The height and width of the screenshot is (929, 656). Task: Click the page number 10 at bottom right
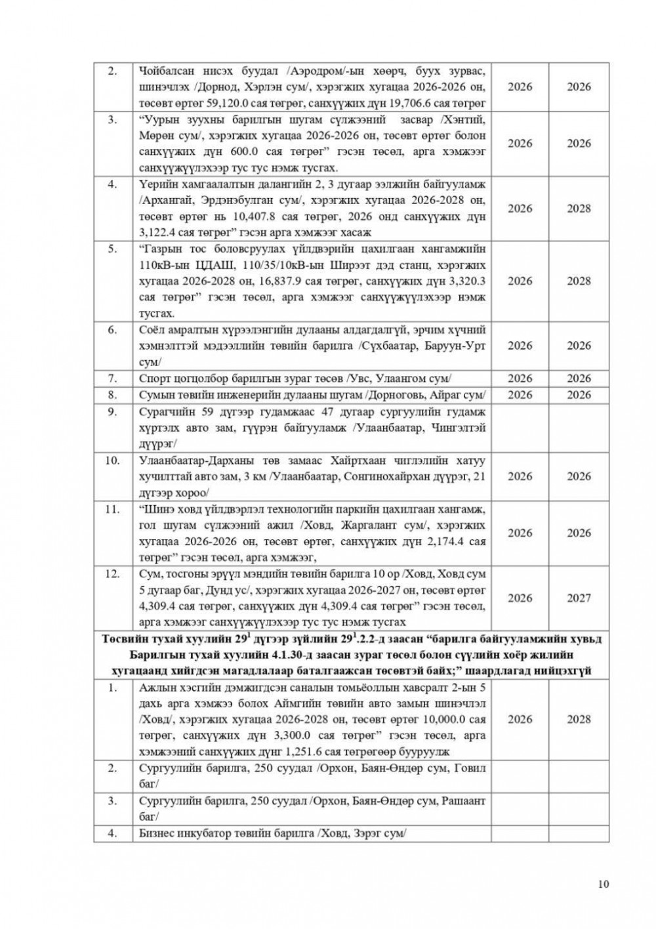[604, 884]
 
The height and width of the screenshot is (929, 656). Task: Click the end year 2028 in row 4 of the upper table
[579, 209]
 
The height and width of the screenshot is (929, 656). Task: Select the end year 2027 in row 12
[579, 598]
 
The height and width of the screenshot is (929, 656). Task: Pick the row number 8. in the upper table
[112, 395]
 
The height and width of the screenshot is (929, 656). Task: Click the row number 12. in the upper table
[112, 573]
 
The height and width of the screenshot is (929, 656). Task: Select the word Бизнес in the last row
[157, 833]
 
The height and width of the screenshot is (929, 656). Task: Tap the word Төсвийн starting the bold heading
[124, 639]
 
